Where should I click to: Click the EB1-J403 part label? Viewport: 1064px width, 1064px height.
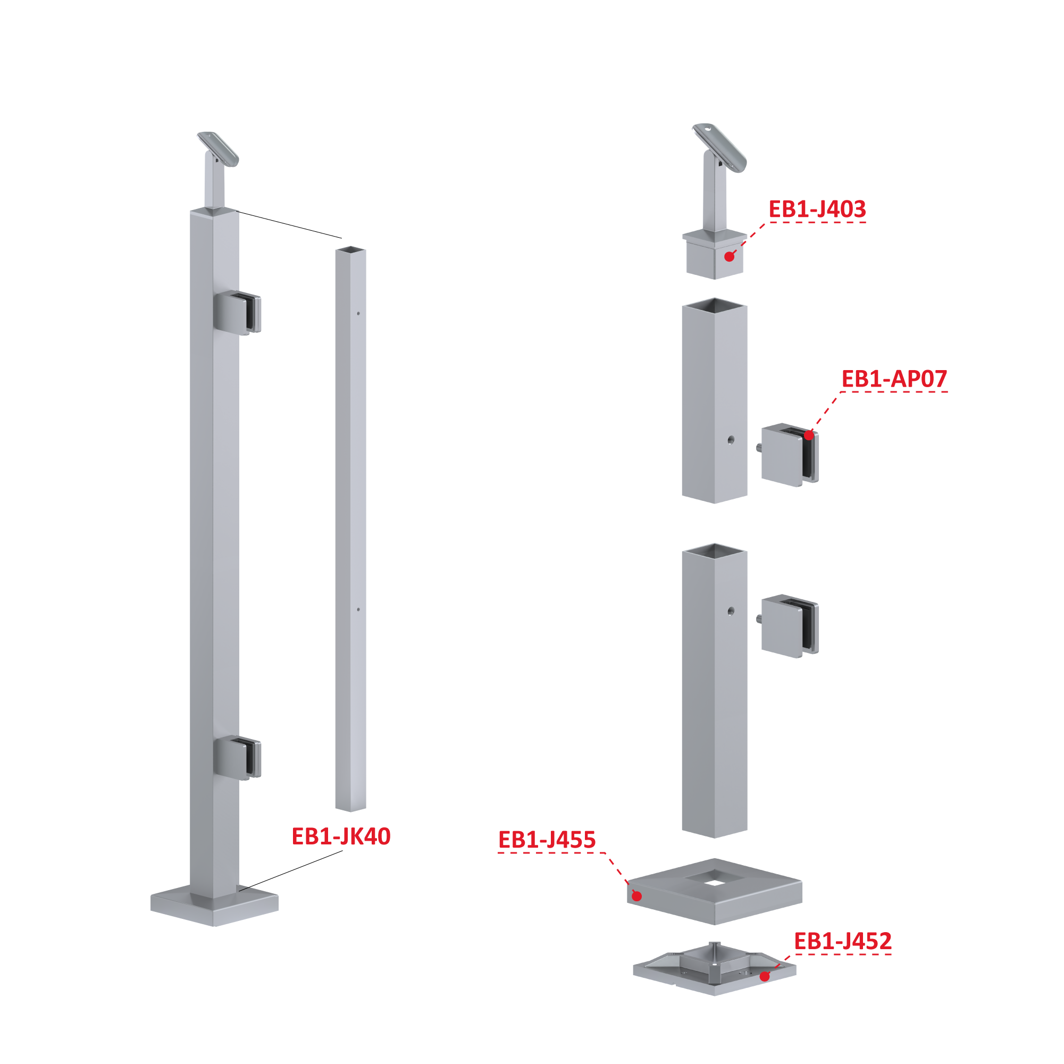point(817,210)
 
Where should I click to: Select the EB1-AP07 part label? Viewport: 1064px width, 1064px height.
point(894,379)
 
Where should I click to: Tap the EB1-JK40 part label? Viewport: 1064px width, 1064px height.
point(341,836)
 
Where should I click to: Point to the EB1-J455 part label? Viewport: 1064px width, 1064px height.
point(547,840)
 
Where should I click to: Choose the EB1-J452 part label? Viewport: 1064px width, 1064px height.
point(843,941)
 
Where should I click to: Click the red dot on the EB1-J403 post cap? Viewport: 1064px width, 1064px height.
point(729,257)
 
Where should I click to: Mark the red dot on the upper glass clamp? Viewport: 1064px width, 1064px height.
point(808,435)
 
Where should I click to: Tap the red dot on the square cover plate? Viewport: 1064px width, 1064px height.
point(636,896)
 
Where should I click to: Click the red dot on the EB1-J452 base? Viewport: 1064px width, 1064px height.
point(765,976)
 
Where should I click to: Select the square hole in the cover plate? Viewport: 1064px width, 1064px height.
point(715,878)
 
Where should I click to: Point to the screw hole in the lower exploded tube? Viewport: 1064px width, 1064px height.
point(731,611)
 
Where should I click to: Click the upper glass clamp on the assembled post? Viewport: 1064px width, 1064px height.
point(237,313)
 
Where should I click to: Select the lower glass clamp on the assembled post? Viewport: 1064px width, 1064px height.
point(237,759)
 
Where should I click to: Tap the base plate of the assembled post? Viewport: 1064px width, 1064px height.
point(214,906)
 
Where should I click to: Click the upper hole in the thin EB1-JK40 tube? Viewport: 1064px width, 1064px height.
point(358,313)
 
